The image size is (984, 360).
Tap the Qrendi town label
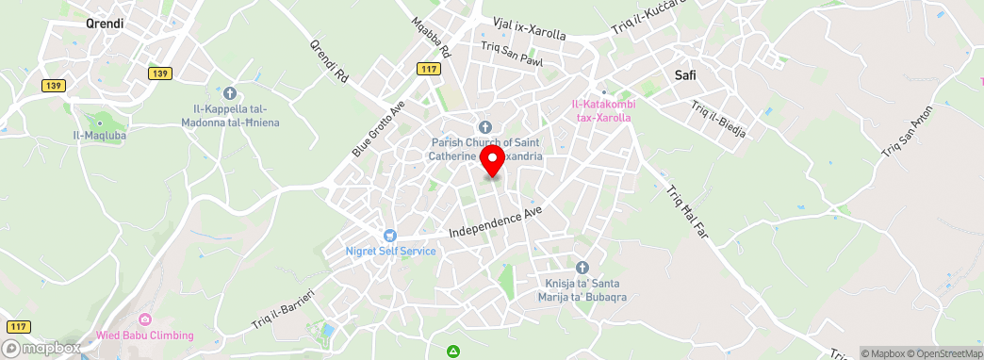point(105,24)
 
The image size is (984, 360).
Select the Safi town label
point(685,76)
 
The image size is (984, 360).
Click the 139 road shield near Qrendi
point(159,73)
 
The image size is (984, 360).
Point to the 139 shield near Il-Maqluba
point(53,85)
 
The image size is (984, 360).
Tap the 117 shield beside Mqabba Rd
point(429,68)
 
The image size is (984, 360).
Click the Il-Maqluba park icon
point(100,122)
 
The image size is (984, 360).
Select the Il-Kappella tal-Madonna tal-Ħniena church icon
point(231,93)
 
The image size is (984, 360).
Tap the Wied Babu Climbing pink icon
point(144,319)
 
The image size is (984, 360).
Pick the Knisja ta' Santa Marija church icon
point(582,268)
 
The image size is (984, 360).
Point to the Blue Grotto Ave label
point(378,128)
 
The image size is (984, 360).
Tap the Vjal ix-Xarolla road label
point(529,27)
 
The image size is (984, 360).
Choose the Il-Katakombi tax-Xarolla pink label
point(601,110)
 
